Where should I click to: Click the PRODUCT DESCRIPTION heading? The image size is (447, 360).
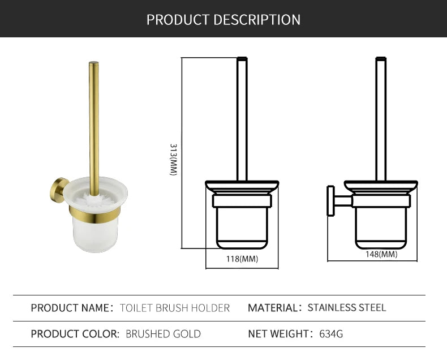223,19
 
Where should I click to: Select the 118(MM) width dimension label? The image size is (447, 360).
242,259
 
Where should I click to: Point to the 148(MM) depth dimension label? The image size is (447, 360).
381,254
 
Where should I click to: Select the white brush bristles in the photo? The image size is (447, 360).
93,199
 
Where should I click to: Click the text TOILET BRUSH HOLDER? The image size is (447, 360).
175,308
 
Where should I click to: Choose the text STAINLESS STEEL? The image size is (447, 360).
347,308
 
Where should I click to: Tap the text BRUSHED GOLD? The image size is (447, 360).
163,334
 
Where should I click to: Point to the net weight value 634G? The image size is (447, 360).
332,334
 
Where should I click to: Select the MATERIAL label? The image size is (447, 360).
274,308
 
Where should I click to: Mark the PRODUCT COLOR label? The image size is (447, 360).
75,334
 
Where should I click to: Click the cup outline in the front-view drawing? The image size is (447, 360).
242,226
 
